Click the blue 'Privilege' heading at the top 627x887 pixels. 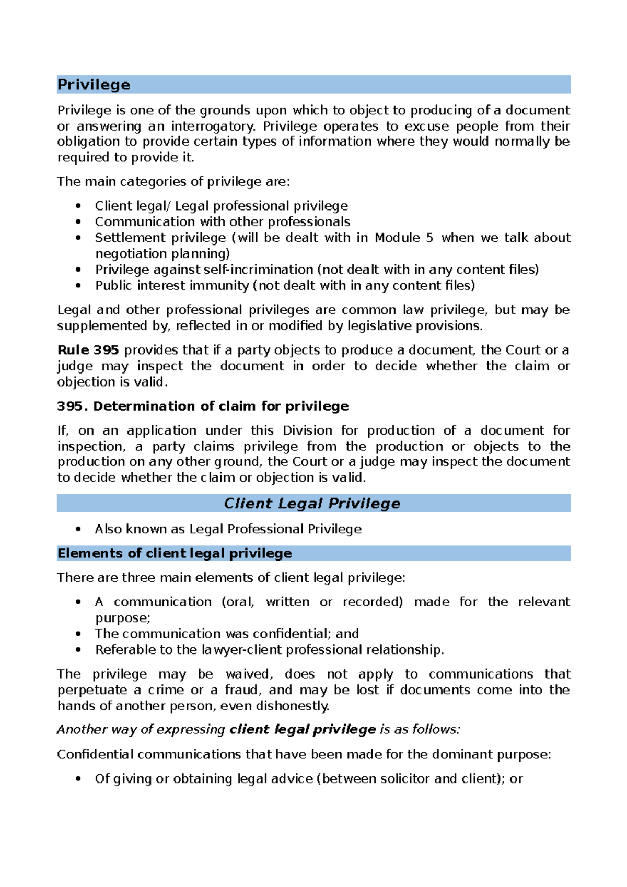click(94, 85)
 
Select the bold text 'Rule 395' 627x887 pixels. click(88, 350)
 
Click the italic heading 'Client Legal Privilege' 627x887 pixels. click(312, 504)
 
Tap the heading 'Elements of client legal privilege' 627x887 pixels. click(175, 553)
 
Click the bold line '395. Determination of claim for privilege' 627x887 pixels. click(203, 406)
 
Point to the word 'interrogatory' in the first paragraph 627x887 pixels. click(213, 126)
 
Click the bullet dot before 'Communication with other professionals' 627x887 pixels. click(78, 222)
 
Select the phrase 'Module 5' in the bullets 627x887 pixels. click(403, 238)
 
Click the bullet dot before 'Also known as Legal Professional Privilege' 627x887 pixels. click(78, 529)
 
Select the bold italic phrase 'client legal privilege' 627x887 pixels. click(303, 730)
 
